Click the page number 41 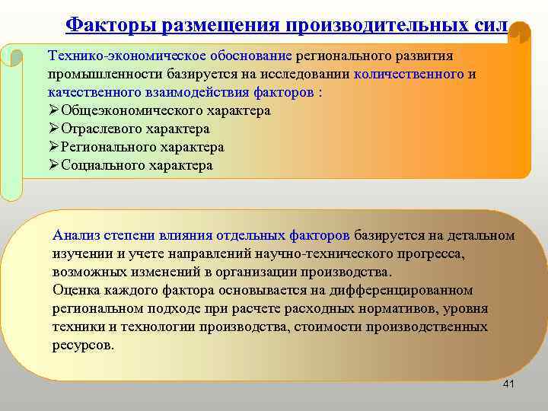[x=509, y=384]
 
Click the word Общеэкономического [x=127, y=111]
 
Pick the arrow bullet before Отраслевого [x=53, y=129]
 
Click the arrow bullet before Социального [x=53, y=165]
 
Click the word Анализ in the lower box [x=76, y=235]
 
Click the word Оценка [x=76, y=290]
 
